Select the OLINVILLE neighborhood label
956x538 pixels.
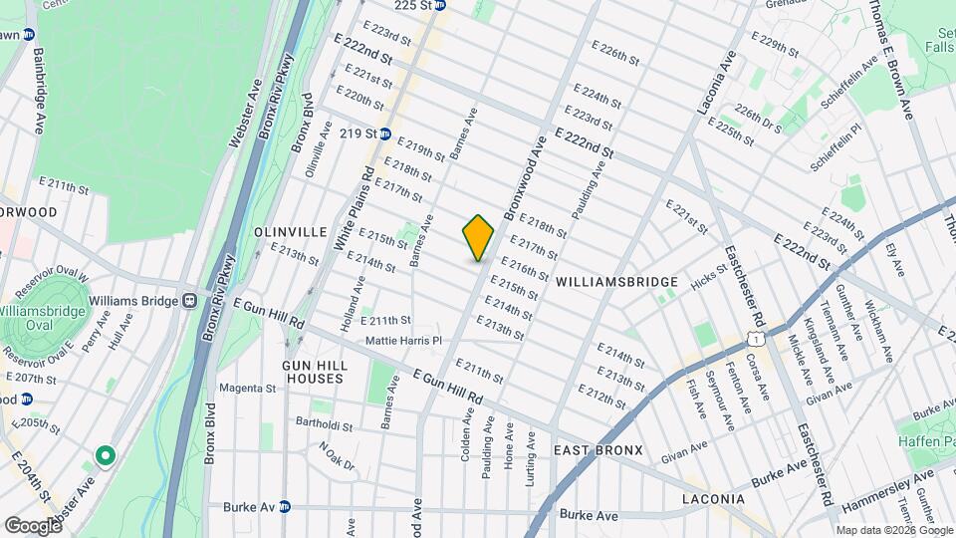point(291,232)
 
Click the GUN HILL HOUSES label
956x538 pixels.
point(313,373)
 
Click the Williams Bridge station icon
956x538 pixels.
point(188,300)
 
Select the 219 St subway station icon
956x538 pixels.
point(384,134)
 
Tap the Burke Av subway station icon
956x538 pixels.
point(285,506)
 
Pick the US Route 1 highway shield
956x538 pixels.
point(760,340)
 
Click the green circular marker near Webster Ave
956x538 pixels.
point(105,456)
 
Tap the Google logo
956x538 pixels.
point(33,525)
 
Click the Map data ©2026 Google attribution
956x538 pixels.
point(892,530)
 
